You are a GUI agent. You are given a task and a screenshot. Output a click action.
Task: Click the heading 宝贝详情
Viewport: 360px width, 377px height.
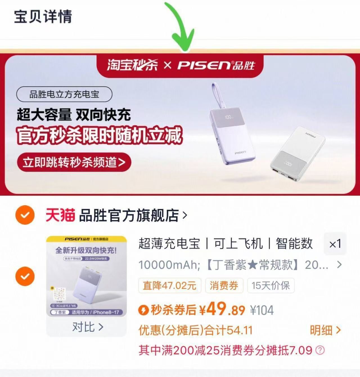[x=43, y=16]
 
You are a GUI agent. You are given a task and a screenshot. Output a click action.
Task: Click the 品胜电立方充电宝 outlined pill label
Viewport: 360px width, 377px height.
[x=64, y=94]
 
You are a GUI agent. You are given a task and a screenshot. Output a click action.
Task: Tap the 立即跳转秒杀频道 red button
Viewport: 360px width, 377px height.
[x=74, y=162]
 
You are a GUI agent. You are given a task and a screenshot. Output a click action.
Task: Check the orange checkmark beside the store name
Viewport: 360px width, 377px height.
[x=25, y=215]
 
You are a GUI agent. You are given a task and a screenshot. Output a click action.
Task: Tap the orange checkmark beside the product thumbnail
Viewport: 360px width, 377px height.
[x=25, y=276]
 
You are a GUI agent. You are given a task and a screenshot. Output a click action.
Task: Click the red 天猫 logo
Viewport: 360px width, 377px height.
[x=60, y=215]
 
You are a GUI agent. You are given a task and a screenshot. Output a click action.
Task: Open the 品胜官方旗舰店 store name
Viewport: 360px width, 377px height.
[x=129, y=215]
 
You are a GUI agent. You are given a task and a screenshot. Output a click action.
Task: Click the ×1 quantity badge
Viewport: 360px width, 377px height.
[x=335, y=244]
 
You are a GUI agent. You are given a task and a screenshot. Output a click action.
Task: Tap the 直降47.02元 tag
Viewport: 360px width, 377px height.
[x=170, y=285]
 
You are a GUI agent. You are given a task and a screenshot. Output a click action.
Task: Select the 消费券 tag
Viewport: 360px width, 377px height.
[x=224, y=285]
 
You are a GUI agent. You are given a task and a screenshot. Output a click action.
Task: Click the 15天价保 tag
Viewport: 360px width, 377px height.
[x=271, y=285]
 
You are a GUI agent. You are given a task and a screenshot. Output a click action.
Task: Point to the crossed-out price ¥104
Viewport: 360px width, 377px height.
[x=262, y=310]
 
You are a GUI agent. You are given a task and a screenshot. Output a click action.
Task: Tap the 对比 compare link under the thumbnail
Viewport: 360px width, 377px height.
[x=87, y=327]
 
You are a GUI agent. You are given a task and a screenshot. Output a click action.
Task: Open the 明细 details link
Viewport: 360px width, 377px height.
[x=325, y=330]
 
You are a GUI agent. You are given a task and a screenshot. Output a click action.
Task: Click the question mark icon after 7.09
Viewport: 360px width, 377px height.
[x=320, y=350]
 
